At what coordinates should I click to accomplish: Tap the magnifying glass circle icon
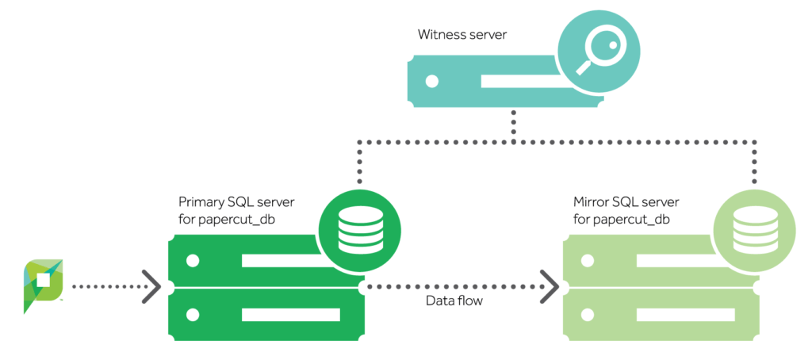599,52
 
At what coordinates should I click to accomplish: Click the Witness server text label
462,35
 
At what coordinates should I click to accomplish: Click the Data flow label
454,301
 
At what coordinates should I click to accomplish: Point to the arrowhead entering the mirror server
550,286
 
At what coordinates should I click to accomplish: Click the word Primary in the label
199,201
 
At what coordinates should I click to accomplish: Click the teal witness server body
505,82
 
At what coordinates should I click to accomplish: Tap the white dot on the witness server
431,82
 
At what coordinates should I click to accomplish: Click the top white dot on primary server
193,261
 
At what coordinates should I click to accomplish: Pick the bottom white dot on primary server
193,315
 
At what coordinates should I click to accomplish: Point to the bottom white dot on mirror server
588,315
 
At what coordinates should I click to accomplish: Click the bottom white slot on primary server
291,315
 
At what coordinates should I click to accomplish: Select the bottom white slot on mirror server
686,315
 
